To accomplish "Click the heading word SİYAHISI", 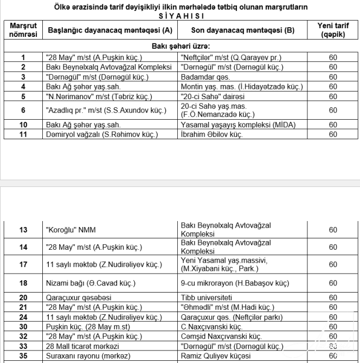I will click(x=180, y=16).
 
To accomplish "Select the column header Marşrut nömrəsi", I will click(x=23, y=30).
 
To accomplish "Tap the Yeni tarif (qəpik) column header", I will click(x=333, y=30).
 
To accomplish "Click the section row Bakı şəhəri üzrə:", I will click(x=180, y=47).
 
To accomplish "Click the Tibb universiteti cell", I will click(x=207, y=297).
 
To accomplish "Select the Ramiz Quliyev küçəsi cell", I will click(x=212, y=355).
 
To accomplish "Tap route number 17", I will click(x=23, y=264).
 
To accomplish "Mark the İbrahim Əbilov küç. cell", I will click(x=211, y=134).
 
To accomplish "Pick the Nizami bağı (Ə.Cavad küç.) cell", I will click(x=91, y=283).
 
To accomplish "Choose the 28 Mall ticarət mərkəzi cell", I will click(x=83, y=346).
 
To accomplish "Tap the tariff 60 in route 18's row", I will click(x=333, y=283).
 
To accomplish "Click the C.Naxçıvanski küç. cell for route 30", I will click(x=211, y=327).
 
